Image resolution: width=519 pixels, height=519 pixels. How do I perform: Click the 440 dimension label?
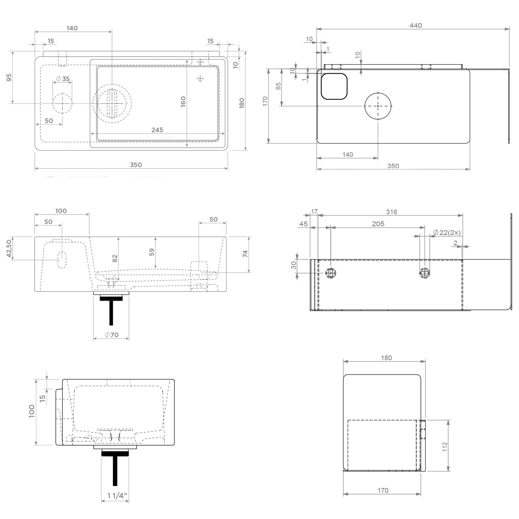[x=416, y=25]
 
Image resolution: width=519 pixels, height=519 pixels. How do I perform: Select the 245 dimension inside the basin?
[x=157, y=130]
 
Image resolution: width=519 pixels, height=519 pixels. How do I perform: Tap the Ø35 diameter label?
[x=63, y=79]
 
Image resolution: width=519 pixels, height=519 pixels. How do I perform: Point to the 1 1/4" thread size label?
[x=117, y=496]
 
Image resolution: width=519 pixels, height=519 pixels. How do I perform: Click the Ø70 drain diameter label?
[x=111, y=335]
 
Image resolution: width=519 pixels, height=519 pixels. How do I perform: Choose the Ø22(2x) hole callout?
[x=447, y=232]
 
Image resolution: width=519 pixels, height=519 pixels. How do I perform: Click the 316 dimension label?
[x=392, y=212]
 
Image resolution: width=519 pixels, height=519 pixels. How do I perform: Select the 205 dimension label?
[x=378, y=224]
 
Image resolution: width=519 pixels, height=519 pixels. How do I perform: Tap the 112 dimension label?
[x=445, y=446]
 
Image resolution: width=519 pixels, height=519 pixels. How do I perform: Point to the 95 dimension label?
[x=9, y=78]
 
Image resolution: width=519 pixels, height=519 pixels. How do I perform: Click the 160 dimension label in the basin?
[x=183, y=101]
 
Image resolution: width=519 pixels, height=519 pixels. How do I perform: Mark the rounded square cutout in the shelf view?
[x=334, y=86]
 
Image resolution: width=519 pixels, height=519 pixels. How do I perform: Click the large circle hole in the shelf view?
[x=378, y=106]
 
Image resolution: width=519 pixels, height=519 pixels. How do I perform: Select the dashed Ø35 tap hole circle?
[x=63, y=103]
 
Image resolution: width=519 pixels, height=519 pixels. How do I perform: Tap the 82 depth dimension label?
[x=115, y=258]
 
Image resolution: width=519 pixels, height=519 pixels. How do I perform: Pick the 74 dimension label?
[x=245, y=254]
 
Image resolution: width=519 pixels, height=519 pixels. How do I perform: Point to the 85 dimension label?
[x=278, y=86]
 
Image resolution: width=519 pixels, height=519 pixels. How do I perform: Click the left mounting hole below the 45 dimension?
[x=331, y=273]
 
